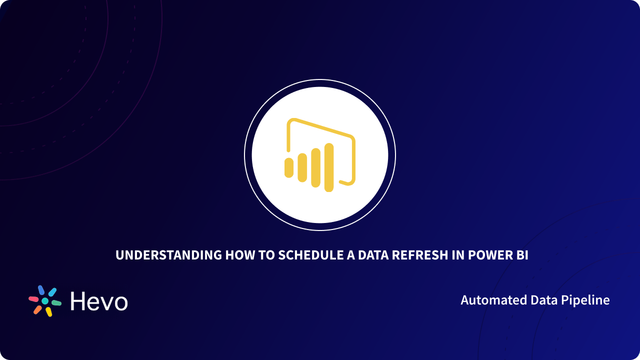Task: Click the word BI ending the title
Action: (x=522, y=255)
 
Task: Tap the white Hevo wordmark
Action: (x=99, y=301)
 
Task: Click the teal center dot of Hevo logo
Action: (x=45, y=301)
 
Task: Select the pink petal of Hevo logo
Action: (x=33, y=298)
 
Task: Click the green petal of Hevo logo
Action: (x=56, y=303)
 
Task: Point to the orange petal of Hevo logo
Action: (x=37, y=310)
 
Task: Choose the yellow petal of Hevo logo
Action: (x=48, y=312)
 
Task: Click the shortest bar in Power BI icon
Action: (x=288, y=167)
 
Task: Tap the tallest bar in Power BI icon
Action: (x=328, y=167)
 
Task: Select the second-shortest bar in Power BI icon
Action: (x=302, y=167)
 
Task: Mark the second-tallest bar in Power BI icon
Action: (x=315, y=167)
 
